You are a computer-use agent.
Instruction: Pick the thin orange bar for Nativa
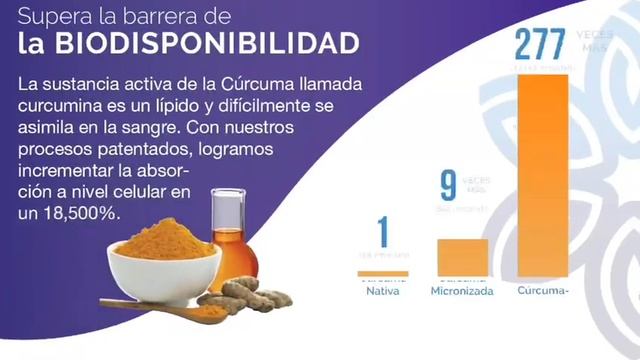point(383,273)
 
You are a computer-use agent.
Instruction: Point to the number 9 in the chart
point(449,187)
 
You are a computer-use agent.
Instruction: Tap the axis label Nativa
point(383,292)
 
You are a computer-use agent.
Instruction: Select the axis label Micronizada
point(463,292)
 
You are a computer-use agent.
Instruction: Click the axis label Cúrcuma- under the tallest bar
point(544,292)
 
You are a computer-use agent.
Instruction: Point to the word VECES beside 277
point(594,34)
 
